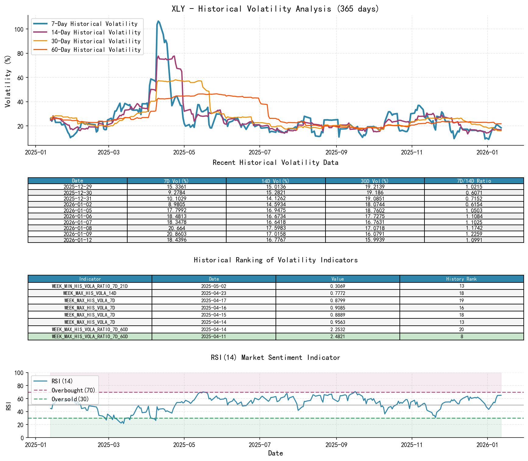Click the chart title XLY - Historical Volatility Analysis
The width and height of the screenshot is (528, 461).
(275, 9)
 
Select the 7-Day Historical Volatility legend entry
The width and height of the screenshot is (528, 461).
(94, 24)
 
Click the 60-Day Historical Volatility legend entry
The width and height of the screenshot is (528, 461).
(96, 50)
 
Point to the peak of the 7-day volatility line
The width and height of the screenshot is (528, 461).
(158, 21)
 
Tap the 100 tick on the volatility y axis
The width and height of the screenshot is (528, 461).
(19, 29)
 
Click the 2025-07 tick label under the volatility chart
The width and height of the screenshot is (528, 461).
(259, 152)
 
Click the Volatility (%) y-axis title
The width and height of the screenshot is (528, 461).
(8, 81)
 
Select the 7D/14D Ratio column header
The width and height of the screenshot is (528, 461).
(474, 181)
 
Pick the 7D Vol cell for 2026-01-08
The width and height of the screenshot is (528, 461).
(177, 228)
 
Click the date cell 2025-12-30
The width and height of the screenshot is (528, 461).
(78, 193)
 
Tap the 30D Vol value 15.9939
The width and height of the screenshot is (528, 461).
(375, 240)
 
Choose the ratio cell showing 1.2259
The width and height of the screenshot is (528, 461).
(474, 234)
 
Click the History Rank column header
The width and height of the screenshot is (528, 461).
(461, 279)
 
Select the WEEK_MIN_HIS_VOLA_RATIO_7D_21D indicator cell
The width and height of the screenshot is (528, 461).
(90, 286)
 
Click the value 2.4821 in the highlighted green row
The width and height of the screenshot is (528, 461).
(337, 337)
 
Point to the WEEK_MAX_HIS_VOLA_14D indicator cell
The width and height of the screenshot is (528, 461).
(90, 293)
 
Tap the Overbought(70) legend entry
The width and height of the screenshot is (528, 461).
(73, 390)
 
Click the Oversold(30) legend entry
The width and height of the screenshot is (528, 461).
(70, 399)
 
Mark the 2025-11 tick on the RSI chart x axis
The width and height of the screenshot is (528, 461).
(412, 445)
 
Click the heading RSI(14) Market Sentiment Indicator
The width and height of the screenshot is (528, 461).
(275, 357)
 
